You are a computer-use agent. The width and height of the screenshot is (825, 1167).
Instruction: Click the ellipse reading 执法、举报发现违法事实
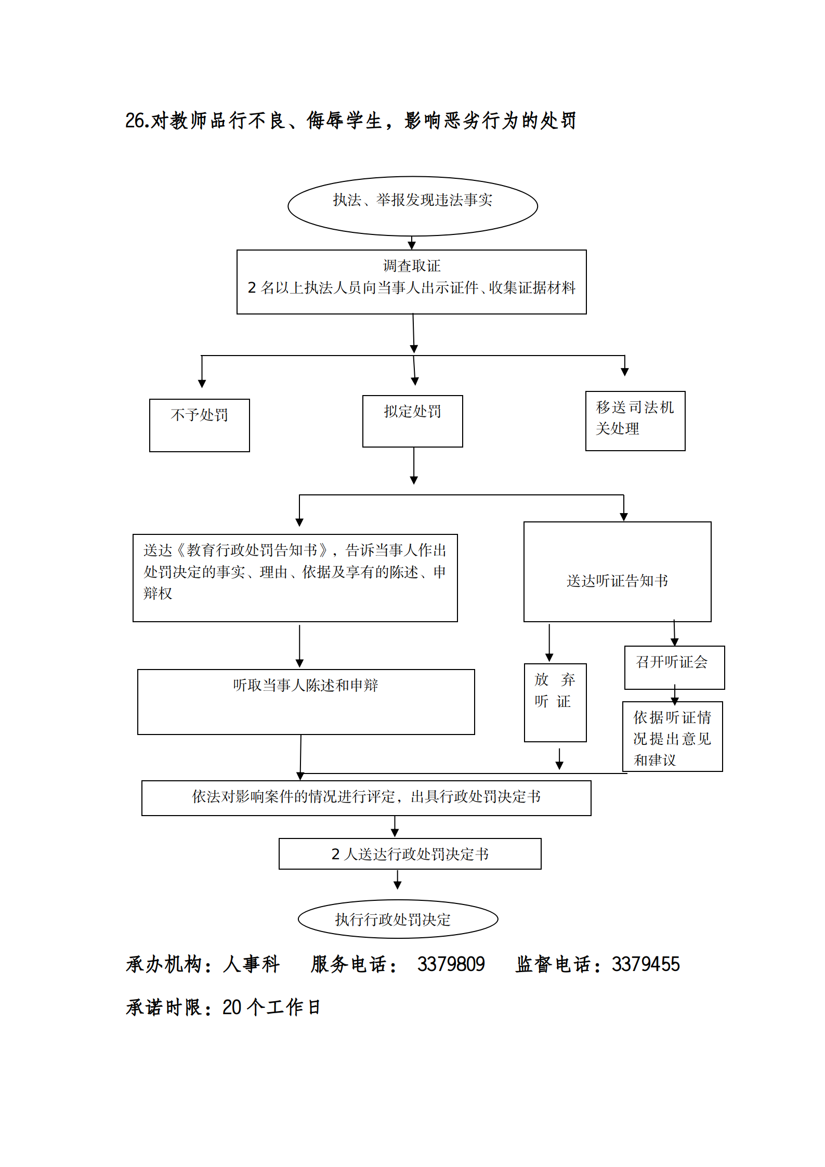tap(412, 205)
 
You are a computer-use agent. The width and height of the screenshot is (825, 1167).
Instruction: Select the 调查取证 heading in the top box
tap(411, 266)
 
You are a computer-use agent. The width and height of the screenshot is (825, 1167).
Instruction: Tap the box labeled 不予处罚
tap(199, 425)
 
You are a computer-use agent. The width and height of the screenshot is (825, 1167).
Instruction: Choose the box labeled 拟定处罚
tap(412, 421)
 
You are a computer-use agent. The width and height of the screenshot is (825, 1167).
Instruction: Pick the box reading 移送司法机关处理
tap(635, 421)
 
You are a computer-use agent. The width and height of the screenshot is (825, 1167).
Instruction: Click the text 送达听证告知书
tap(617, 581)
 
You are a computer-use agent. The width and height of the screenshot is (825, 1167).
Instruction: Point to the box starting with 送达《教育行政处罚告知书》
tap(295, 577)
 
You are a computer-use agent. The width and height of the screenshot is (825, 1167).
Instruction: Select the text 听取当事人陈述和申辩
tap(305, 685)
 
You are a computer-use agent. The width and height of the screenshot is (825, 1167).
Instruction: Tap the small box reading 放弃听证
tap(555, 702)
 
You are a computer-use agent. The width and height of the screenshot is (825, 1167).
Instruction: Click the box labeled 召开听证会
tap(674, 667)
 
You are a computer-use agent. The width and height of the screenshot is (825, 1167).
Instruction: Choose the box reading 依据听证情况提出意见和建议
tap(672, 736)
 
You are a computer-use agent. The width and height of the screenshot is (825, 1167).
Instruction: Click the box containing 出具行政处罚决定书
tap(366, 797)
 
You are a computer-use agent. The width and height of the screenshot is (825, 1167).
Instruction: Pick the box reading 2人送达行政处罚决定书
tap(410, 854)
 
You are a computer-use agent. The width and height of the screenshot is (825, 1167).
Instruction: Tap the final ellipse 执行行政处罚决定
tap(398, 919)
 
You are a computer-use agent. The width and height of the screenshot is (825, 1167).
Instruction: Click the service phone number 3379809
tap(451, 964)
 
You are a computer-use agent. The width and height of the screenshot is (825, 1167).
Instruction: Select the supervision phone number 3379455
tap(646, 964)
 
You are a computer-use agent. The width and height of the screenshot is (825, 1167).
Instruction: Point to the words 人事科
tap(252, 964)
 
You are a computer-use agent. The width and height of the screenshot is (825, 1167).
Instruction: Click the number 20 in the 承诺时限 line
tap(232, 1007)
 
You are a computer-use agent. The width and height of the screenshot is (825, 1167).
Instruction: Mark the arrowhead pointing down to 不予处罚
tap(202, 384)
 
